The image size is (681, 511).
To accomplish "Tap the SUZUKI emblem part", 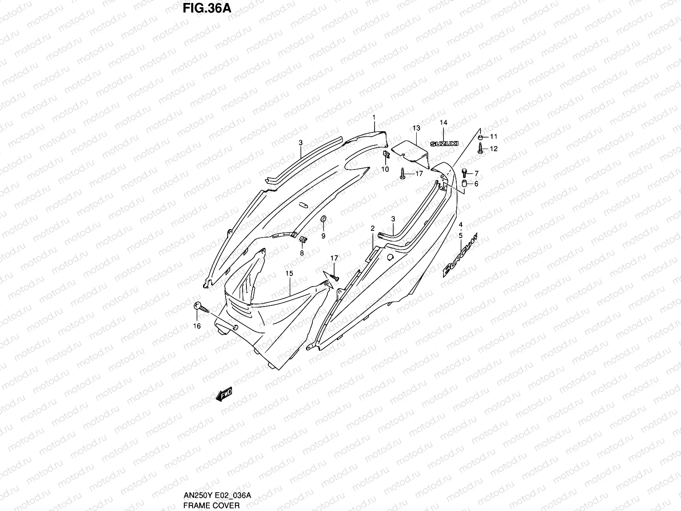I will (x=444, y=144).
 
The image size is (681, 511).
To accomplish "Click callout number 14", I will (x=444, y=123).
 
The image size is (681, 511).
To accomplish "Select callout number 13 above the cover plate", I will (x=416, y=128).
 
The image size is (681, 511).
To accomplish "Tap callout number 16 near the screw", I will (x=196, y=326).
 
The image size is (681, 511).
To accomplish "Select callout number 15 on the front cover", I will (x=289, y=273).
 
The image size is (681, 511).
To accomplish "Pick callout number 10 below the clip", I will (x=385, y=169).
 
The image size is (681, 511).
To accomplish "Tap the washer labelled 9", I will (x=323, y=219).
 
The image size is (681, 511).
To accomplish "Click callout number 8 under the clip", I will (x=302, y=253).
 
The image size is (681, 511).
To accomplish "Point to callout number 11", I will (x=493, y=137).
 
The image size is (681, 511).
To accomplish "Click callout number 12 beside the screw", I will (x=493, y=149).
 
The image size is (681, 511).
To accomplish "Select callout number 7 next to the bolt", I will (x=476, y=173).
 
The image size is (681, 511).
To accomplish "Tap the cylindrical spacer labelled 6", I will (x=465, y=184).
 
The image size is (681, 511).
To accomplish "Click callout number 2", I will (x=372, y=229).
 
